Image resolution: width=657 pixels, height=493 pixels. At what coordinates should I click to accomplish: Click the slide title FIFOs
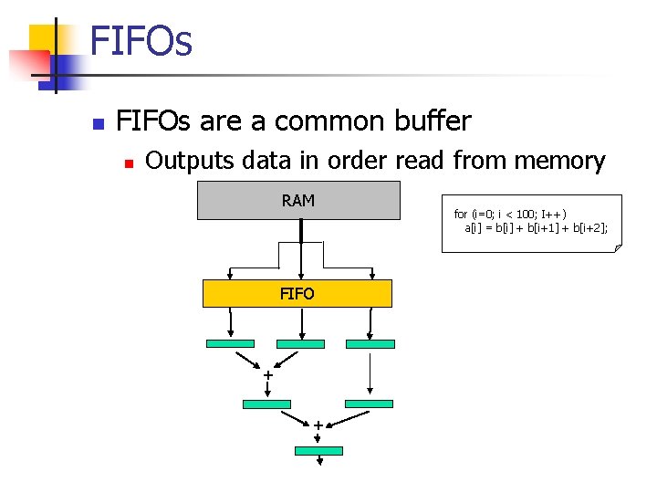point(141,42)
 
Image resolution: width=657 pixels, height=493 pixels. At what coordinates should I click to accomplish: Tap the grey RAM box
point(298,201)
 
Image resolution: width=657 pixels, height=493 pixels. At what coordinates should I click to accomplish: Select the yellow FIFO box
point(297,293)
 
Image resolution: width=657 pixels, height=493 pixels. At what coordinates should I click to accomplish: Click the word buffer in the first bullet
point(433,121)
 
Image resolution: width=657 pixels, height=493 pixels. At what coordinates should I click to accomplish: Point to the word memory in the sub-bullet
point(559,162)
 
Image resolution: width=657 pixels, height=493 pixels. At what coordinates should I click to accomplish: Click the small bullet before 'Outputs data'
point(130,163)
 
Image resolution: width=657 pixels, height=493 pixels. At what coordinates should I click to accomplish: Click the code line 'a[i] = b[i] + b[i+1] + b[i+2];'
point(536,226)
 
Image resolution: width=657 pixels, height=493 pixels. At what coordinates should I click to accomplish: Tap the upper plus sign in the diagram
point(267,376)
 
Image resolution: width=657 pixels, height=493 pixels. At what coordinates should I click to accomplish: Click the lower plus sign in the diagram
point(318,425)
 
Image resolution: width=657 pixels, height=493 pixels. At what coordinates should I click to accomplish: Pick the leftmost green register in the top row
point(231,344)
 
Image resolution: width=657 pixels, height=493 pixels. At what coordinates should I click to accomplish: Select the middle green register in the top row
point(300,344)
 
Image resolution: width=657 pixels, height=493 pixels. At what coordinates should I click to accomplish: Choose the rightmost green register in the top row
point(370,344)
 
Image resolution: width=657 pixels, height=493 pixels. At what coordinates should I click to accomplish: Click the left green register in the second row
point(266,404)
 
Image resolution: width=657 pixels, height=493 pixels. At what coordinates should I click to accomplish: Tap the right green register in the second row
point(369,404)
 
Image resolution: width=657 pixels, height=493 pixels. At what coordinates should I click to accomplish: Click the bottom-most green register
point(318,451)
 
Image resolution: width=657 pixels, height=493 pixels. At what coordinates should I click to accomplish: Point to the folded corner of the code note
point(617,247)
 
